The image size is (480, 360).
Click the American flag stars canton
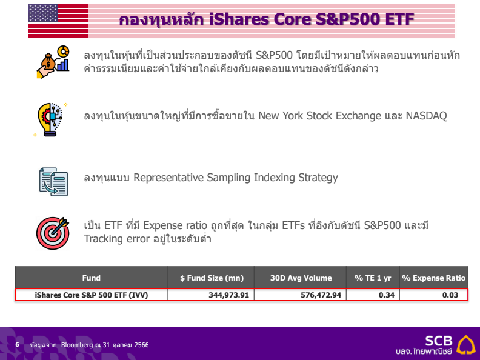[43, 13]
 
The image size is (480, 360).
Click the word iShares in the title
[239, 19]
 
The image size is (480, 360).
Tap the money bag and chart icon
[53, 62]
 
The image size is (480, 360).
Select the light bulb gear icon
[50, 119]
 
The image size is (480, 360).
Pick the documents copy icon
[53, 182]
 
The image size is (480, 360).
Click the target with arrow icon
[53, 233]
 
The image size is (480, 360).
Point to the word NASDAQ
[426, 116]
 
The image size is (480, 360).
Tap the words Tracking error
[117, 239]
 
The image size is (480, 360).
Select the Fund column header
[92, 278]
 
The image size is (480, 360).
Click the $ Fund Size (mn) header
[212, 278]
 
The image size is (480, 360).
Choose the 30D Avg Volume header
[301, 278]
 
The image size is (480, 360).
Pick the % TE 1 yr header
[373, 278]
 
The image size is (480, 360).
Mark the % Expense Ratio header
[434, 278]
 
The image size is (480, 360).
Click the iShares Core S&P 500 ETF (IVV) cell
[92, 295]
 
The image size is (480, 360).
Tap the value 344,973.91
[228, 295]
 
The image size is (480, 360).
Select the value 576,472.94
[321, 295]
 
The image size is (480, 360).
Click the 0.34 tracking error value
[386, 295]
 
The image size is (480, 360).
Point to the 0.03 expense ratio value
[450, 295]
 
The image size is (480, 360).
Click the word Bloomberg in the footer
[76, 345]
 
